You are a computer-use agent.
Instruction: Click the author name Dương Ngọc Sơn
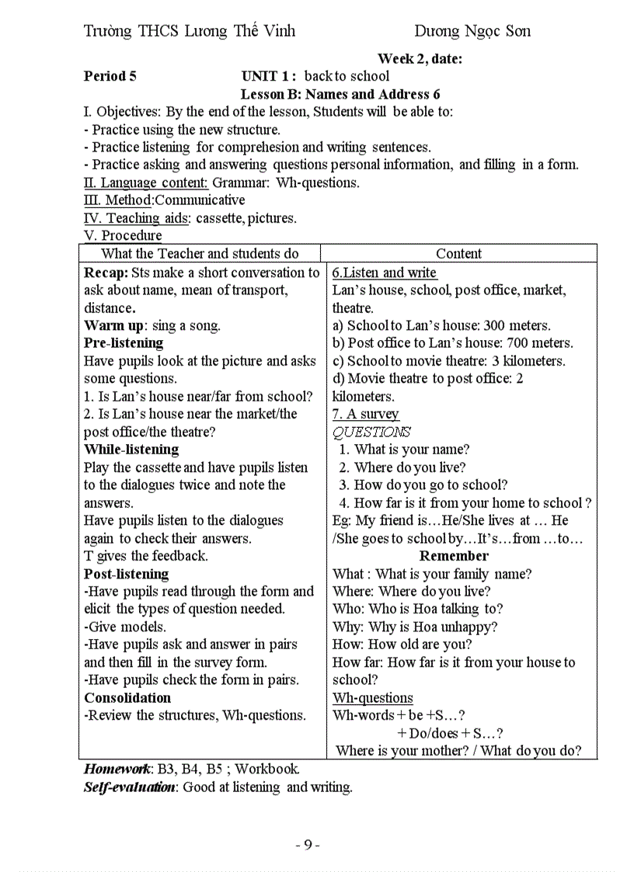click(472, 31)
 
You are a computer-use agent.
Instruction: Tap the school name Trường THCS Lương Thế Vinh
click(190, 31)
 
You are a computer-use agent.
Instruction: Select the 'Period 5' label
click(110, 76)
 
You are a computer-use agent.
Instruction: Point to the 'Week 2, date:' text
click(430, 58)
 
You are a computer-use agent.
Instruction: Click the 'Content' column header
click(458, 254)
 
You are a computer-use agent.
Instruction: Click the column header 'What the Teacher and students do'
click(200, 254)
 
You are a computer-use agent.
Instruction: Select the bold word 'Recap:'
click(106, 273)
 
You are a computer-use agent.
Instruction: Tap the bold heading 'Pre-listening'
click(124, 343)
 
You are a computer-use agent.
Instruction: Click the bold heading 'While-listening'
click(131, 450)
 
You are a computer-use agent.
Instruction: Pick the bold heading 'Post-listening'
click(126, 574)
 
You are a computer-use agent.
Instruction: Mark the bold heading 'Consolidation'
click(127, 697)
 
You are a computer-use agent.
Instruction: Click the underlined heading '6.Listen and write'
click(385, 273)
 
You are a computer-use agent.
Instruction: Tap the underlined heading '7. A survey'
click(365, 414)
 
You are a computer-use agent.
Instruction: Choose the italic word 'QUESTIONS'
click(371, 432)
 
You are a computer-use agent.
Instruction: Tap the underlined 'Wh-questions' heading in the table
click(373, 697)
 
